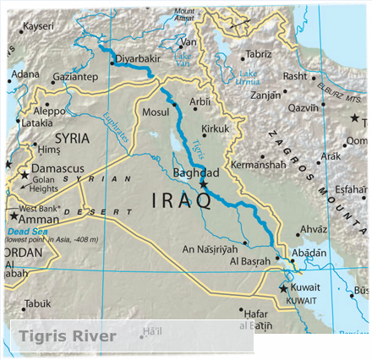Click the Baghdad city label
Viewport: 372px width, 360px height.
pyautogui.click(x=195, y=172)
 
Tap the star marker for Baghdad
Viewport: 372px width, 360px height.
pyautogui.click(x=203, y=183)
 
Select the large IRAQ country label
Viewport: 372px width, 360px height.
pyautogui.click(x=180, y=200)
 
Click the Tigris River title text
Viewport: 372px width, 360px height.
pyautogui.click(x=68, y=336)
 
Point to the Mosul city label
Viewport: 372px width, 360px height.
pyautogui.click(x=156, y=112)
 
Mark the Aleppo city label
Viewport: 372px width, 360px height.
pyautogui.click(x=48, y=111)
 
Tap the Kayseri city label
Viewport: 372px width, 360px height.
pyautogui.click(x=36, y=26)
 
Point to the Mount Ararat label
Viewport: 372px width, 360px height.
pyautogui.click(x=184, y=13)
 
